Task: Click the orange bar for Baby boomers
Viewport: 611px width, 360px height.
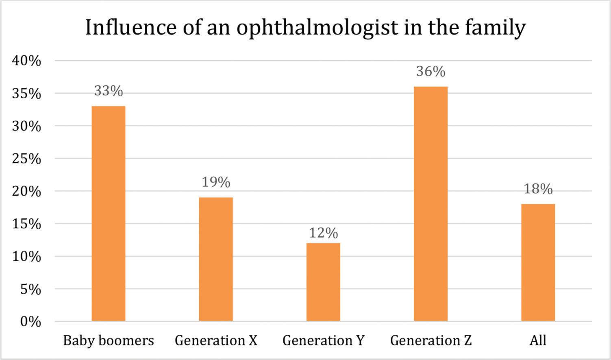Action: [x=109, y=214]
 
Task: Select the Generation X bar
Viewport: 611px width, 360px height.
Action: [x=216, y=259]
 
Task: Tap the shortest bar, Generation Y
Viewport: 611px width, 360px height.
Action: [x=323, y=282]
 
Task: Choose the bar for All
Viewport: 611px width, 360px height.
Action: [x=538, y=262]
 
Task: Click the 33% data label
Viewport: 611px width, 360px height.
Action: [x=109, y=91]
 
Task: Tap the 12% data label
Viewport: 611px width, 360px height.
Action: [x=323, y=233]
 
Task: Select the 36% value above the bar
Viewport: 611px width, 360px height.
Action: [x=431, y=72]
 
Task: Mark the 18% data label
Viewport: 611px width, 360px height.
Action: [x=538, y=189]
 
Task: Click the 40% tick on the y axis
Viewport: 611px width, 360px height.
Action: [x=27, y=61]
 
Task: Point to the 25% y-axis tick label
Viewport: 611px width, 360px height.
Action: [x=27, y=159]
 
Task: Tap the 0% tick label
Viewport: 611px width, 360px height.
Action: [x=30, y=322]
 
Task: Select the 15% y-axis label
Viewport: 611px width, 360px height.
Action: [x=27, y=224]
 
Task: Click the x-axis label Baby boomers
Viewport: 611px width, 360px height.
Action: [x=109, y=340]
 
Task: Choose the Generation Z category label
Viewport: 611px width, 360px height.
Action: [x=431, y=340]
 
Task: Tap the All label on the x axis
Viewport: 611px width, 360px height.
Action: [x=538, y=340]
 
